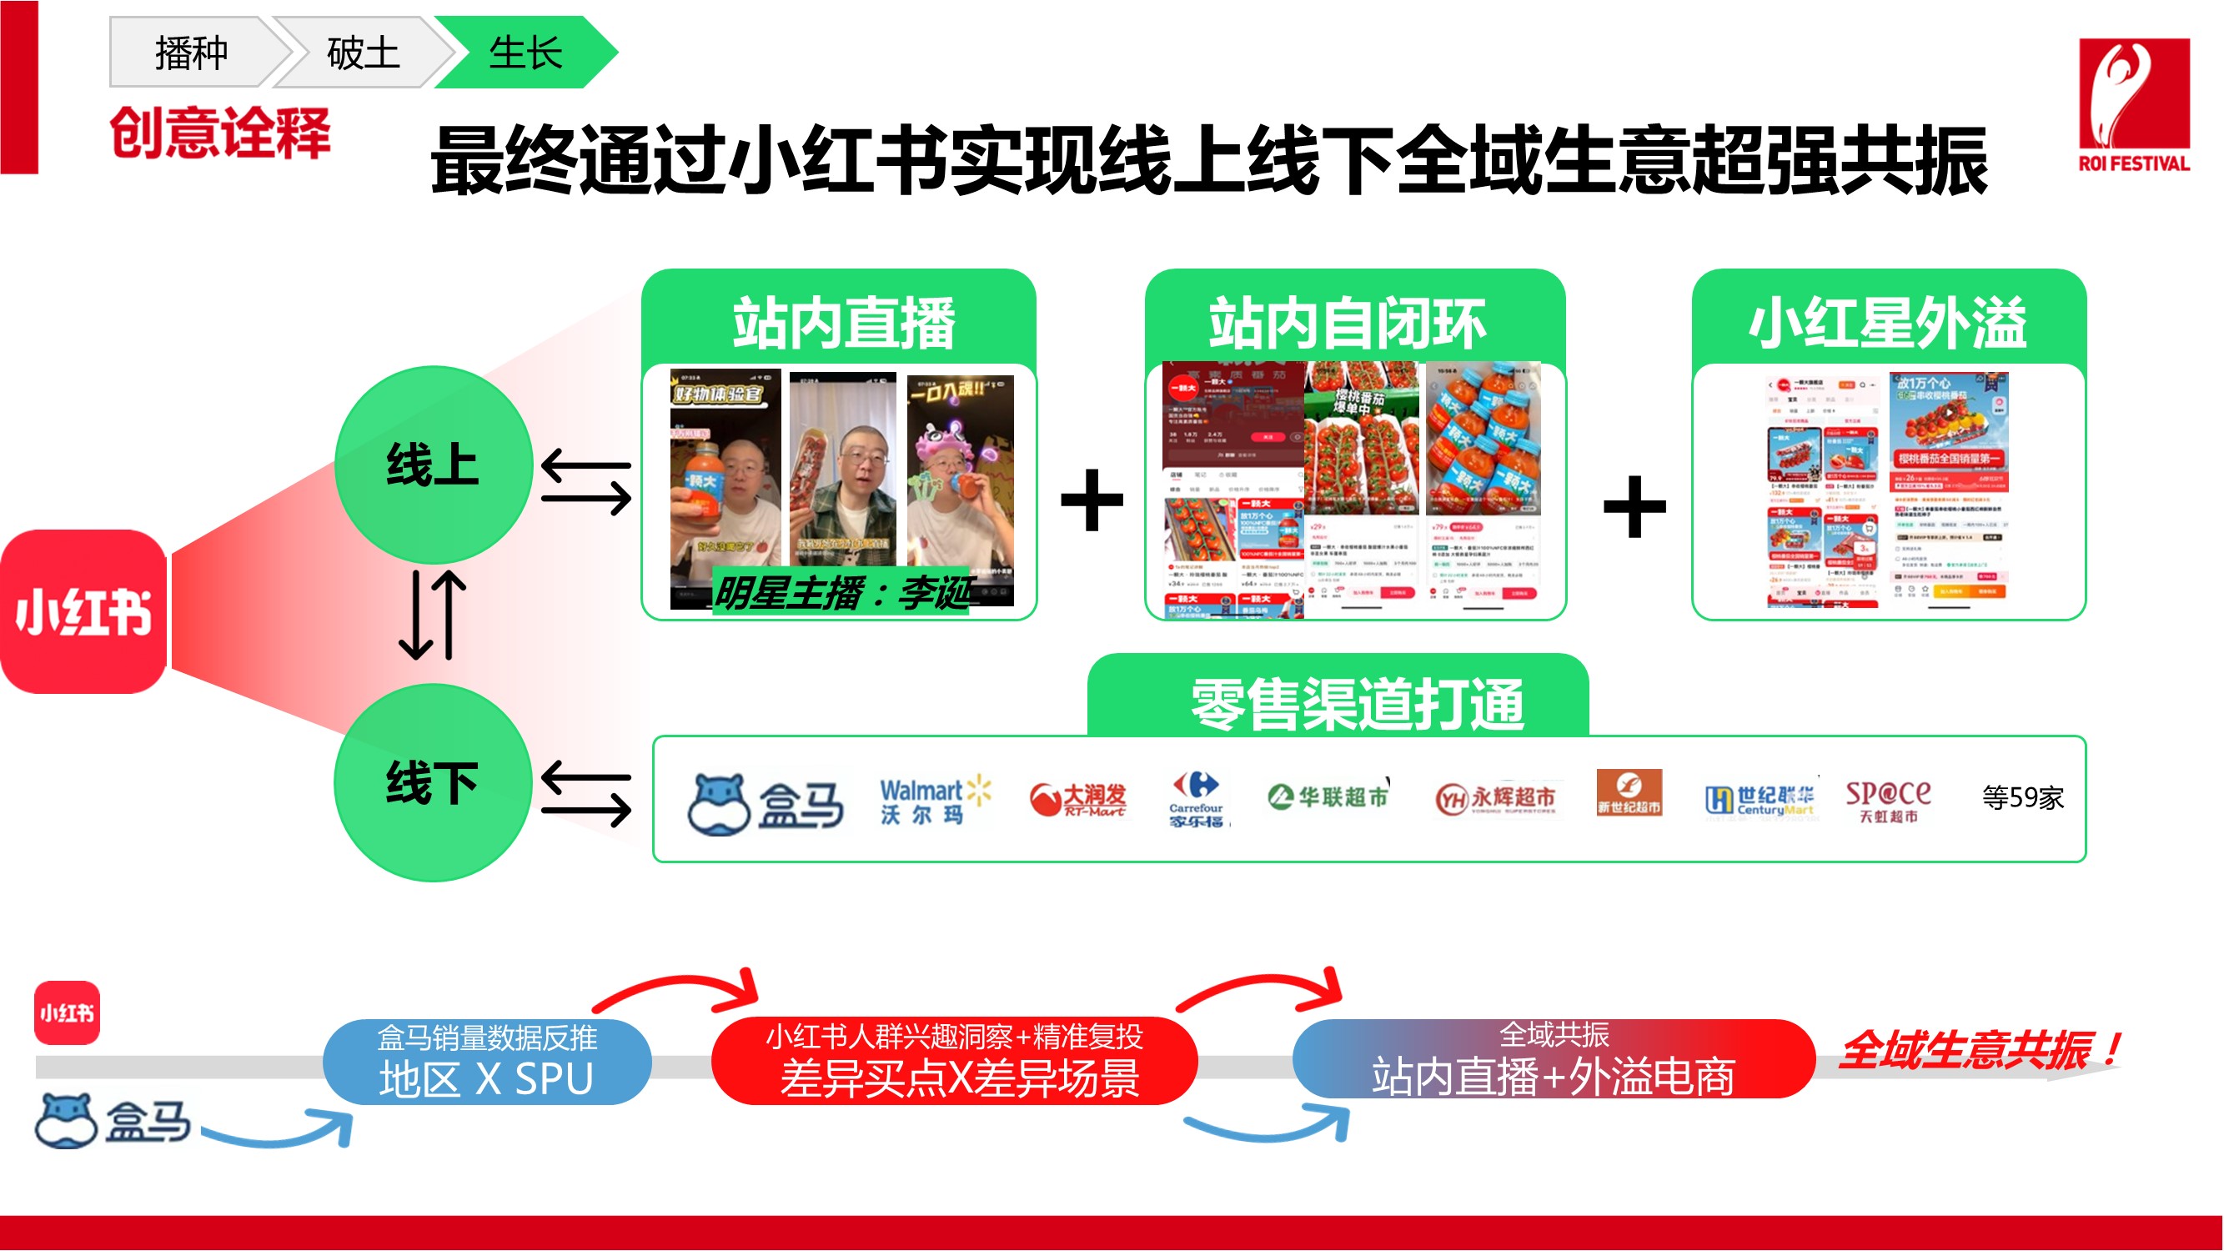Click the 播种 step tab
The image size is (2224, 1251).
(x=191, y=53)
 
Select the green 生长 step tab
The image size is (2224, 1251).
(x=525, y=53)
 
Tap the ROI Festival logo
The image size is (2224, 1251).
(x=2133, y=103)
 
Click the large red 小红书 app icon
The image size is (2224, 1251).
(x=83, y=611)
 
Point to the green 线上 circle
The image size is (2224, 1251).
(x=433, y=465)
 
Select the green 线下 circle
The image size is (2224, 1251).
(x=433, y=782)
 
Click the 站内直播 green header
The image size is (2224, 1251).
(x=841, y=321)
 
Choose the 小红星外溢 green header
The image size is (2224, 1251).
(x=1887, y=321)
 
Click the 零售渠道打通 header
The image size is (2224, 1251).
(x=1358, y=703)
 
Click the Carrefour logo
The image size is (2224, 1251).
(x=1197, y=800)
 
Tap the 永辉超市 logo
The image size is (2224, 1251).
(x=1497, y=799)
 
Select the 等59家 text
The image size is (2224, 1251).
(x=2023, y=796)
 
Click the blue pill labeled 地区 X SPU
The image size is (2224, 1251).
(x=487, y=1062)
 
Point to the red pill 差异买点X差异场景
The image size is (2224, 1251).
(x=954, y=1062)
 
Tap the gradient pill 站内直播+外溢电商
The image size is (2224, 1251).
(x=1554, y=1060)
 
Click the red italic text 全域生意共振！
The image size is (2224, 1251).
(x=1977, y=1050)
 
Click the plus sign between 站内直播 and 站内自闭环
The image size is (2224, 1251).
(x=1092, y=500)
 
